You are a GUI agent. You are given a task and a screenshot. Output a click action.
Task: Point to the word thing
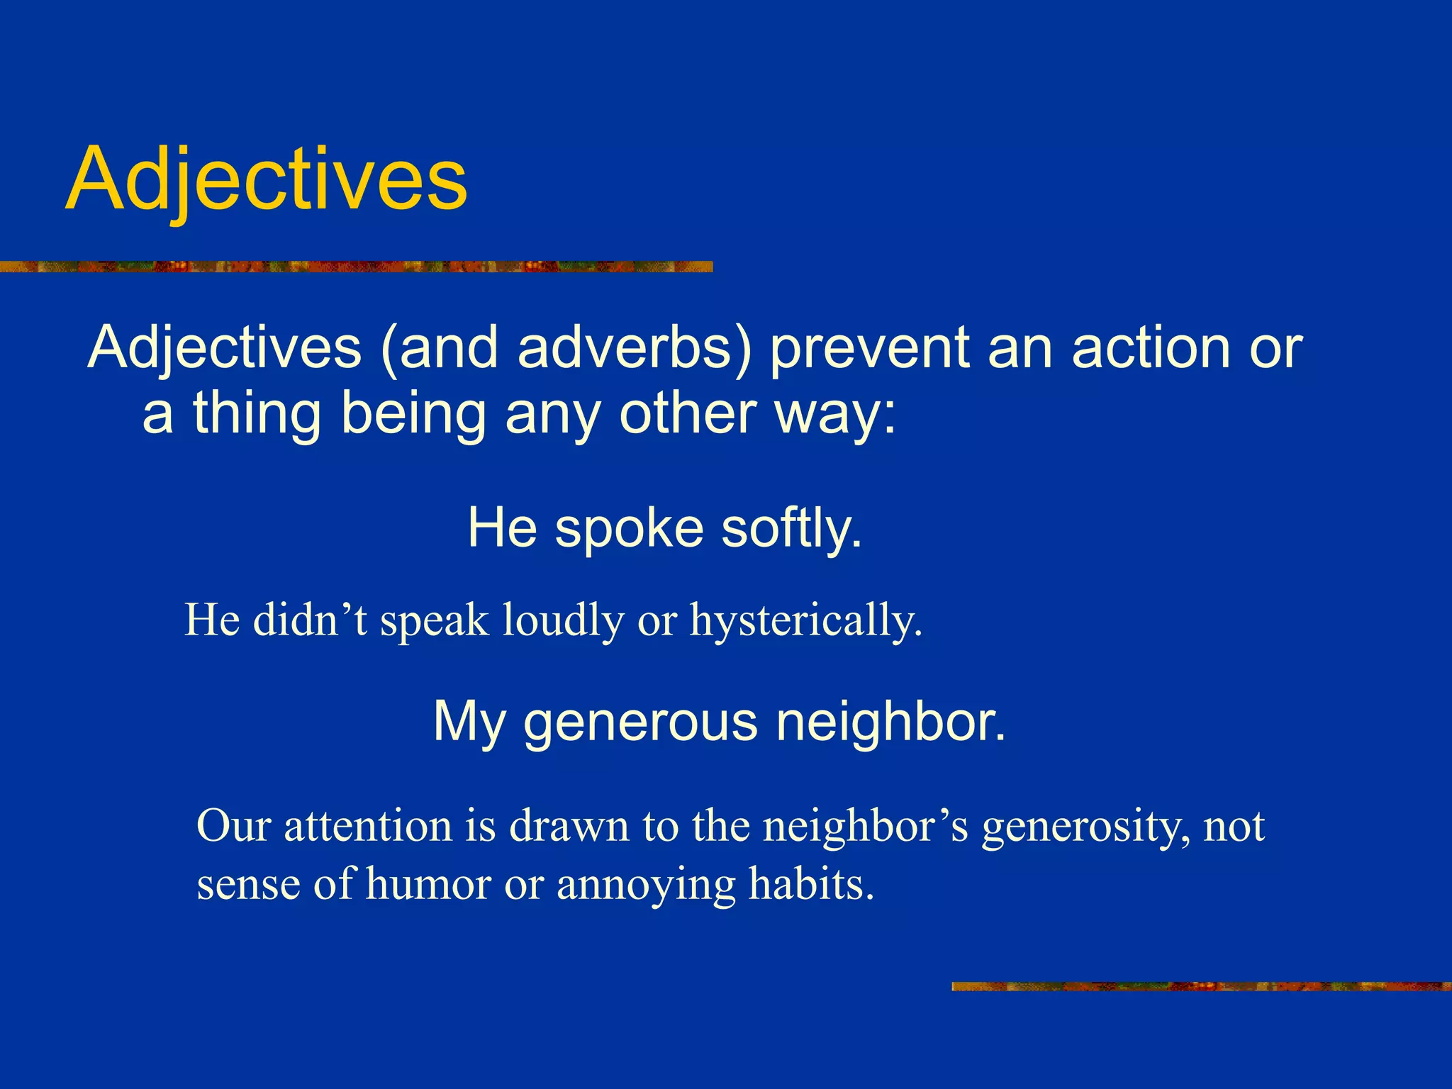click(x=258, y=414)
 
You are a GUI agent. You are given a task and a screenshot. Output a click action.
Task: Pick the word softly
click(x=791, y=529)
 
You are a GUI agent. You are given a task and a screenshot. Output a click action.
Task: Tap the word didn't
click(x=311, y=620)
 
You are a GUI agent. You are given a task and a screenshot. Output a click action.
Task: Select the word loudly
click(x=563, y=620)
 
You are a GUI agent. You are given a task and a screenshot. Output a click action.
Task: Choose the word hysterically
click(x=806, y=620)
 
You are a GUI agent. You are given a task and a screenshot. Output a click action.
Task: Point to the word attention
click(x=368, y=826)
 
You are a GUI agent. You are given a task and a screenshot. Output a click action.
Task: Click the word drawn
click(x=569, y=826)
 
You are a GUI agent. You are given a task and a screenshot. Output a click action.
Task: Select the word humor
click(x=428, y=884)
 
